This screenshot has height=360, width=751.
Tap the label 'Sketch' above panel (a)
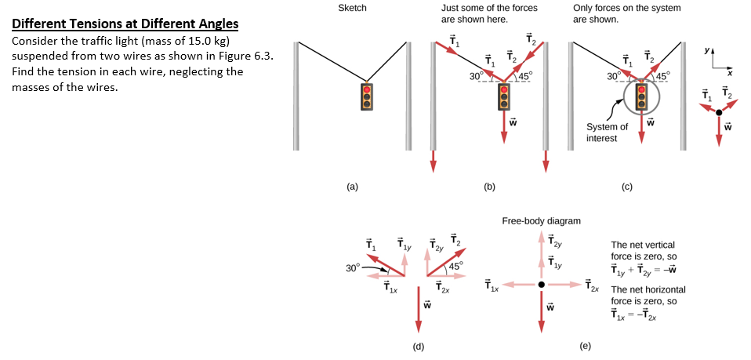click(x=352, y=8)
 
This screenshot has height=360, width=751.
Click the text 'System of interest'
click(x=607, y=133)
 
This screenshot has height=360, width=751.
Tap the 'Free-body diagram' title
click(x=541, y=221)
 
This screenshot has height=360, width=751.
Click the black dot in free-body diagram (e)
click(x=541, y=284)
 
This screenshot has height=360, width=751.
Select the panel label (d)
click(x=419, y=345)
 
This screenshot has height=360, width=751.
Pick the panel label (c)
click(x=626, y=187)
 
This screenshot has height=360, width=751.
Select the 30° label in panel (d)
click(x=352, y=267)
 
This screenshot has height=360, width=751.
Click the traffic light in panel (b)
click(x=503, y=96)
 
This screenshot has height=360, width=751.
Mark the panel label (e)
click(x=585, y=345)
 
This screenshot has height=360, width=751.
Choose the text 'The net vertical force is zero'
click(x=642, y=250)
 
